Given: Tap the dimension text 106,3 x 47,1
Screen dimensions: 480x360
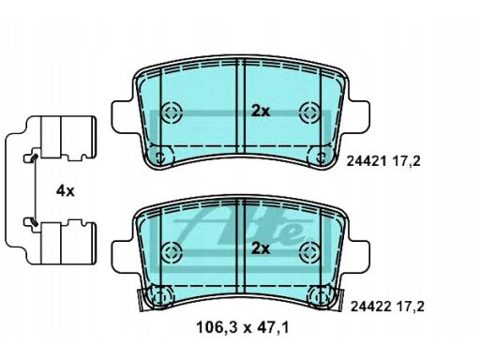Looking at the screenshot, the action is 243,328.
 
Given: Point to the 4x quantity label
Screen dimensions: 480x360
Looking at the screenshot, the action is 66,190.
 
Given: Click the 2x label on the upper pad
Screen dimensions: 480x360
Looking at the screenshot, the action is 261,111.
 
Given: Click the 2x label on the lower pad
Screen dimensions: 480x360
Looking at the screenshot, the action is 261,248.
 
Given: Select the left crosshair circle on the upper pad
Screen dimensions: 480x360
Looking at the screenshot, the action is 172,112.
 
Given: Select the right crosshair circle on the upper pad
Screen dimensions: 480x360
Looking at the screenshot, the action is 309,112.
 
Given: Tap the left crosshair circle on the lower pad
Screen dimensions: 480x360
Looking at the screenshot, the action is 172,251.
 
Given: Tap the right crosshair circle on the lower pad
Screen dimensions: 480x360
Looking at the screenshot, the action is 309,251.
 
